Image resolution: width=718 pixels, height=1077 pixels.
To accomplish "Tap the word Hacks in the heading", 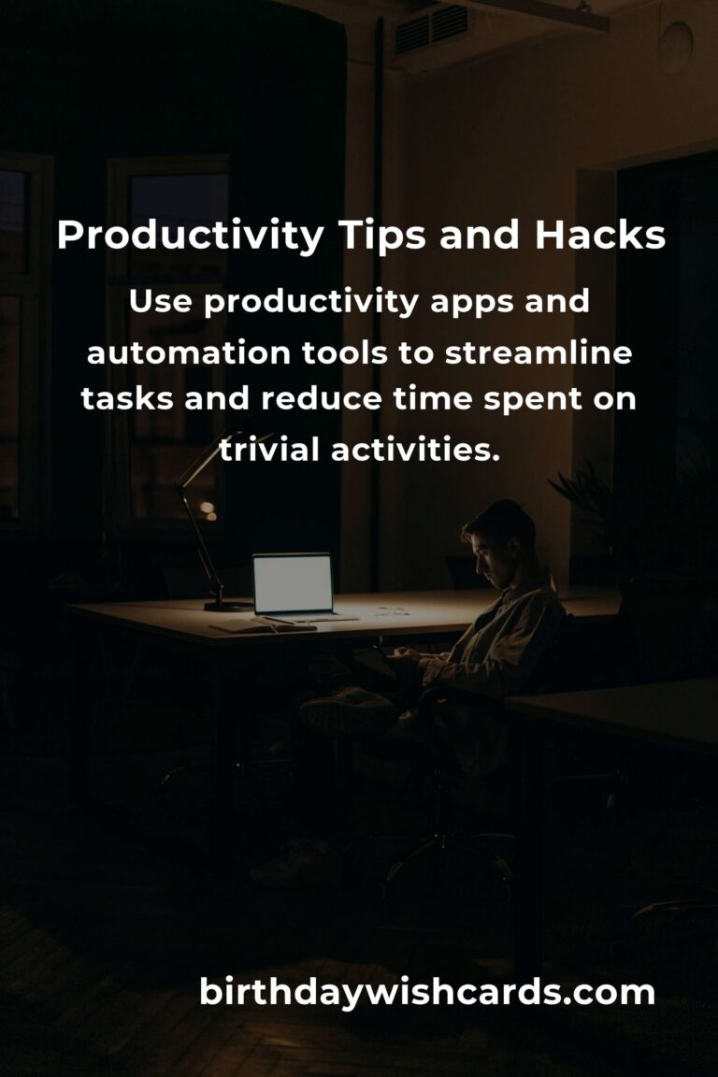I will tap(600, 236).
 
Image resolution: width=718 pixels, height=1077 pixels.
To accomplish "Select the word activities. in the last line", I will tap(417, 449).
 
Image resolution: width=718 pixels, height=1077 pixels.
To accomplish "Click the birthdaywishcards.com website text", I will tap(426, 992).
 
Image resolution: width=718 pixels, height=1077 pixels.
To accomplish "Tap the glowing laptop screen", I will tap(293, 584).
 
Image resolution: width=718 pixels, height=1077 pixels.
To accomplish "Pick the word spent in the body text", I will tap(532, 400).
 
